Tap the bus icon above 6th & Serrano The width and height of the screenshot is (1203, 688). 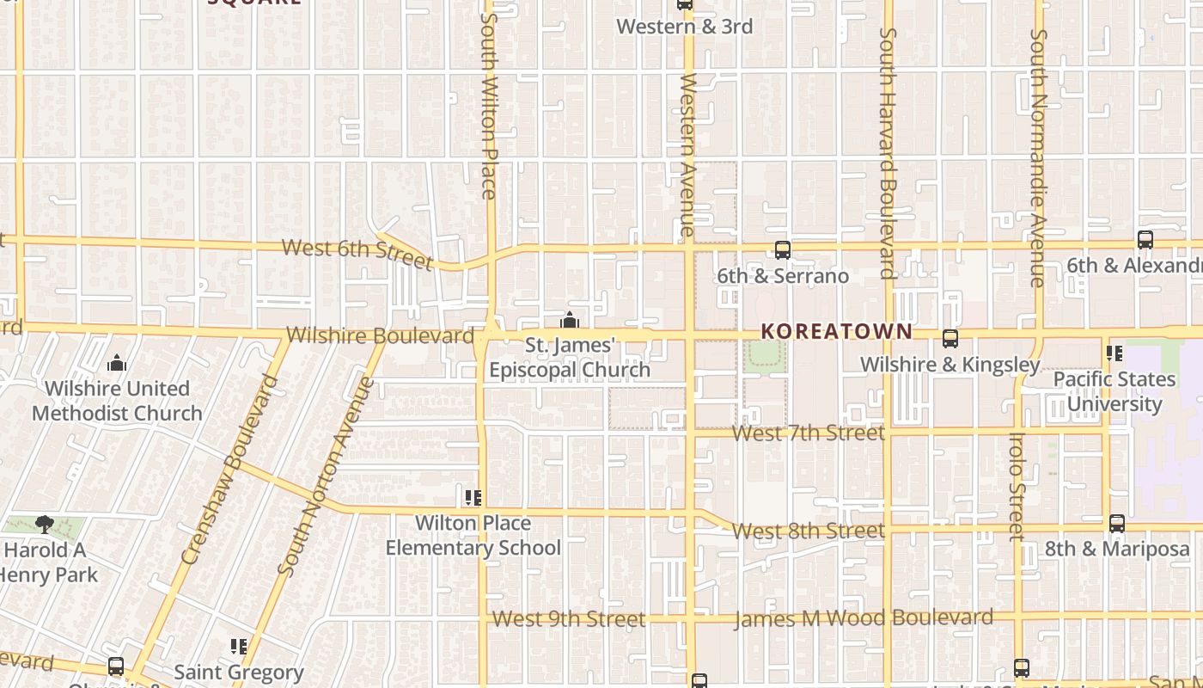click(x=782, y=250)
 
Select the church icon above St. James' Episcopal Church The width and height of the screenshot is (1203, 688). click(x=569, y=321)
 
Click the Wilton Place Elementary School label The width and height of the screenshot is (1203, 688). click(x=473, y=535)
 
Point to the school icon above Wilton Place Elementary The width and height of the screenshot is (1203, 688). click(x=473, y=497)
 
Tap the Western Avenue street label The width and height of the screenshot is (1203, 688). click(x=687, y=155)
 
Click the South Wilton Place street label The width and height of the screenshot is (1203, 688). click(x=489, y=106)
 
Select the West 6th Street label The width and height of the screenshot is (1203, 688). click(x=357, y=252)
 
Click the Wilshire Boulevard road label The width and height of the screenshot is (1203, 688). click(x=380, y=335)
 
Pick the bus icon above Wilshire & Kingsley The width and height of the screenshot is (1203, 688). click(x=950, y=339)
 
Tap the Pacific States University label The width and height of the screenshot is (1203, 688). click(x=1114, y=391)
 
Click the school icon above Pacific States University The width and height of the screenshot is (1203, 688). click(x=1114, y=353)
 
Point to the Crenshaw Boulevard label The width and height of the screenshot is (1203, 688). click(x=231, y=470)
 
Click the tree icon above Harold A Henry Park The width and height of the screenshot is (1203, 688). click(x=45, y=524)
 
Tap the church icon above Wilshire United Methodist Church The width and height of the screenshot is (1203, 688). click(x=117, y=363)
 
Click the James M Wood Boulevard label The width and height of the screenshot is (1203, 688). click(x=864, y=618)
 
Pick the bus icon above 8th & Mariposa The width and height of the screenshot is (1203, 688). click(x=1116, y=523)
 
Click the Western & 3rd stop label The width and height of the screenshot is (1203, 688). click(x=684, y=27)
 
